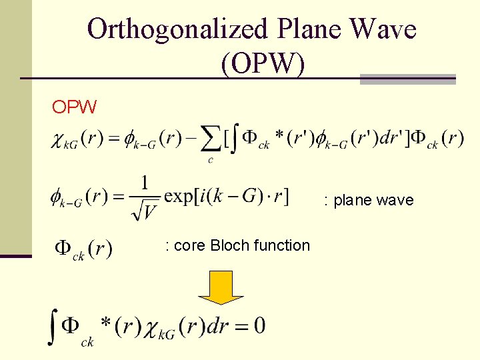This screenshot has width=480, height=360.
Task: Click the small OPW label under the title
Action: pos(75,107)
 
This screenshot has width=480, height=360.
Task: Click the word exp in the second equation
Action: pos(179,197)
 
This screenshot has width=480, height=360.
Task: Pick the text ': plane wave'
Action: pos(369,200)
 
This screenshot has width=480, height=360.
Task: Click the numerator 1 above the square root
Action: pos(145,182)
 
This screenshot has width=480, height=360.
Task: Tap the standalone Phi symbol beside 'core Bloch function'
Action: pos(63,249)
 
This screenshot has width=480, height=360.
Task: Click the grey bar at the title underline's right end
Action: pos(407,79)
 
